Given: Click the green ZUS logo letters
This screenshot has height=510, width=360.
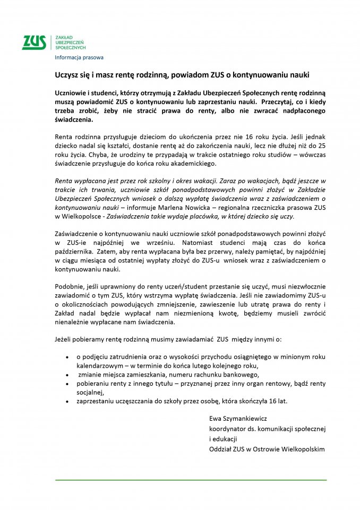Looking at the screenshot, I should pyautogui.click(x=33, y=42).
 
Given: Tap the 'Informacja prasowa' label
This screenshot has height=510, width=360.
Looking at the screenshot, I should pyautogui.click(x=79, y=57).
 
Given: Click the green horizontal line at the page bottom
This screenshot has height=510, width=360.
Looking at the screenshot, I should pyautogui.click(x=191, y=480).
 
